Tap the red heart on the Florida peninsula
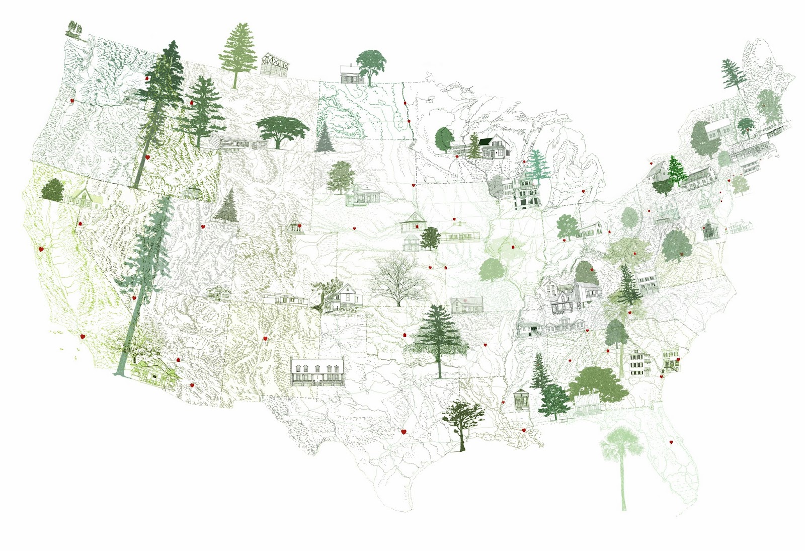point(671,442)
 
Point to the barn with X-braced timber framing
point(274,65)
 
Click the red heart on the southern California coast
point(83,336)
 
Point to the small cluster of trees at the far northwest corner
point(74,29)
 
